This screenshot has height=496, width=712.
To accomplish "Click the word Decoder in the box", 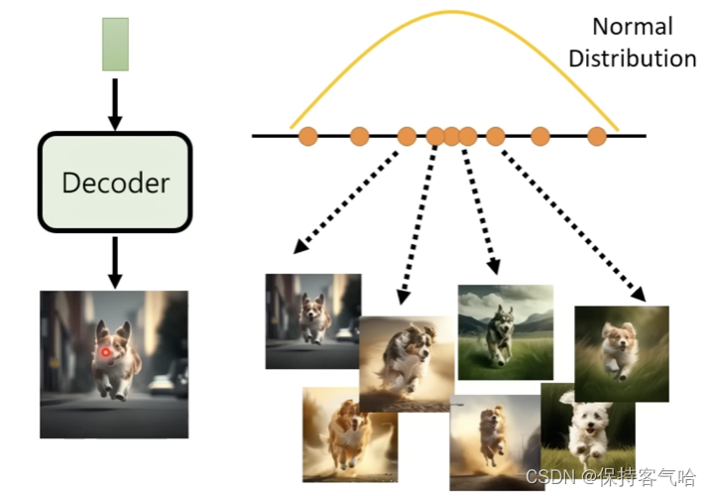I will point(115,183).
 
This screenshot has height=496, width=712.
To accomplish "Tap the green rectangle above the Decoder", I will point(115,44).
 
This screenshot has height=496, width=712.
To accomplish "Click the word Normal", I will point(632,27).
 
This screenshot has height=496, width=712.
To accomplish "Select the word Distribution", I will point(632,59).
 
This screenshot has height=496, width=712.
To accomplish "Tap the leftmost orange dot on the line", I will point(307,136).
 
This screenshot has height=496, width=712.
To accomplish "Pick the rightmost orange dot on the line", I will point(597,136).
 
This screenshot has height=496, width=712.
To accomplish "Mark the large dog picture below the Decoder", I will point(114,364).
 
